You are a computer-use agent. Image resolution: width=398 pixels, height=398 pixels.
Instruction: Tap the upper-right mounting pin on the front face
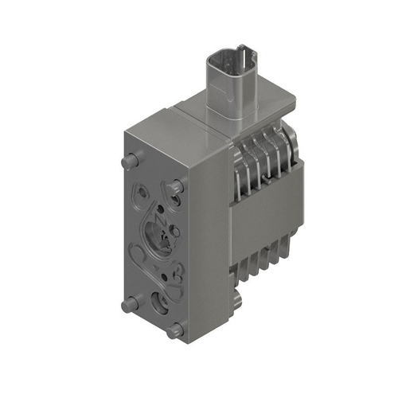coord(177,185)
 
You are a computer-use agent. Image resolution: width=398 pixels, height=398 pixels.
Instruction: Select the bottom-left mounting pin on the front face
coord(126,305)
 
